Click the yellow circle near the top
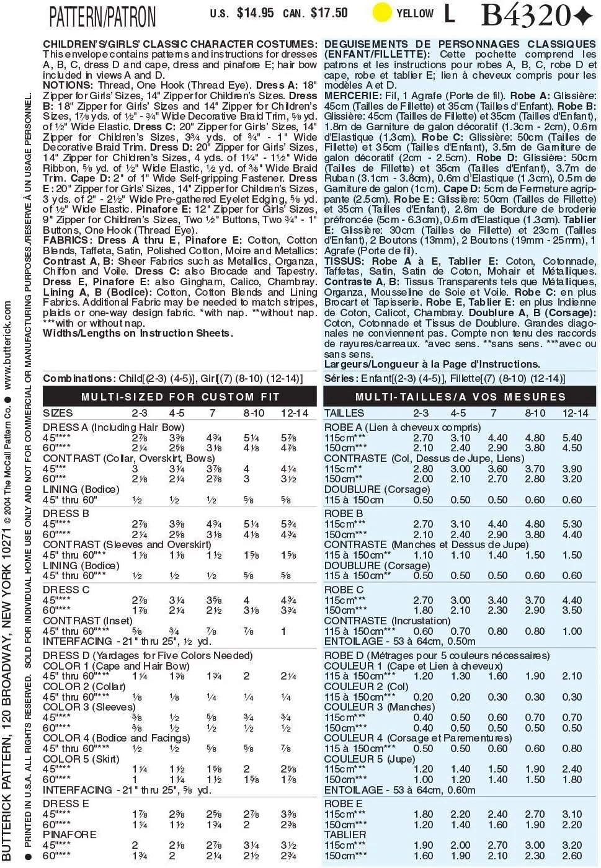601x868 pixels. [382, 12]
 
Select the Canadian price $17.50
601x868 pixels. [329, 13]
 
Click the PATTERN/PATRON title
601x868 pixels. [103, 17]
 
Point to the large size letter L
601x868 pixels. [449, 14]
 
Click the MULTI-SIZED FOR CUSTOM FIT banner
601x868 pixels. [180, 397]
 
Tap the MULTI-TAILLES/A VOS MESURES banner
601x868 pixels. [460, 397]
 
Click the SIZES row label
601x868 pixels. [58, 413]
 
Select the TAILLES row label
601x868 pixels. [344, 413]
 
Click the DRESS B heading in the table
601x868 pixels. [66, 513]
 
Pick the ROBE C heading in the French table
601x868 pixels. [344, 590]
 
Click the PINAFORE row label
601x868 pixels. [69, 835]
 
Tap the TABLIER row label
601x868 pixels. [345, 835]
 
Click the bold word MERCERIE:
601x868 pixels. [352, 96]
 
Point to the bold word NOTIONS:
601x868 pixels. [68, 86]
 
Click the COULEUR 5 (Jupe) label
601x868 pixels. [370, 759]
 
